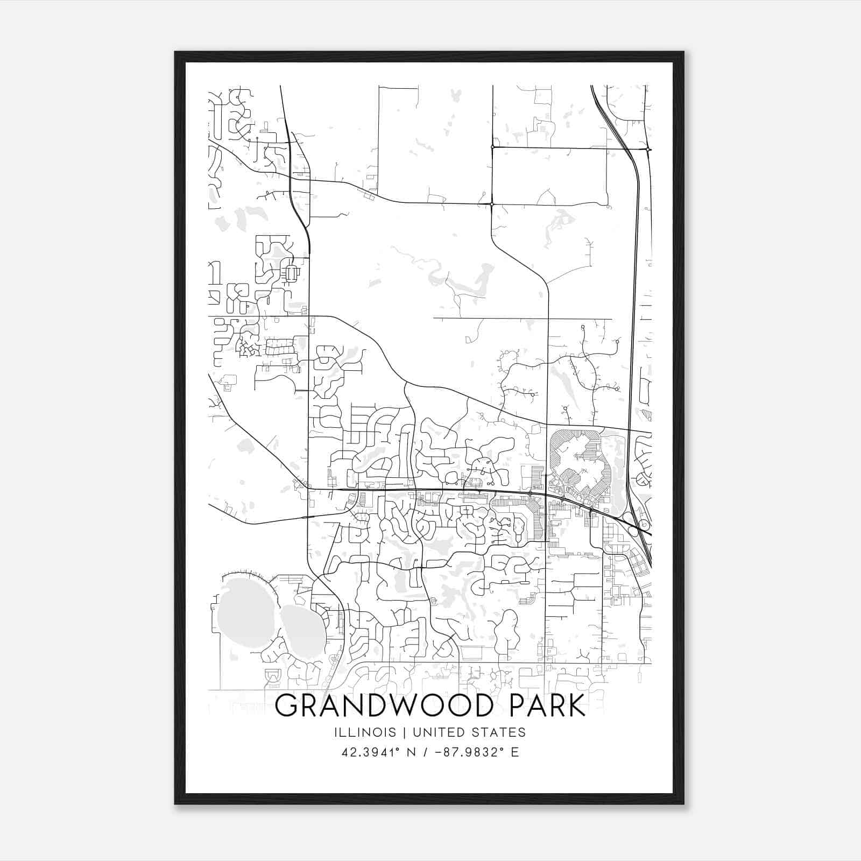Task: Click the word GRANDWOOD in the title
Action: click(383, 706)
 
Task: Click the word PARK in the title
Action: click(545, 706)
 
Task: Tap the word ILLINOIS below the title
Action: click(365, 732)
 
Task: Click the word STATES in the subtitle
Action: click(498, 732)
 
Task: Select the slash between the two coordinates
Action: click(425, 752)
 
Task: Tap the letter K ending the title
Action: click(576, 706)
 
